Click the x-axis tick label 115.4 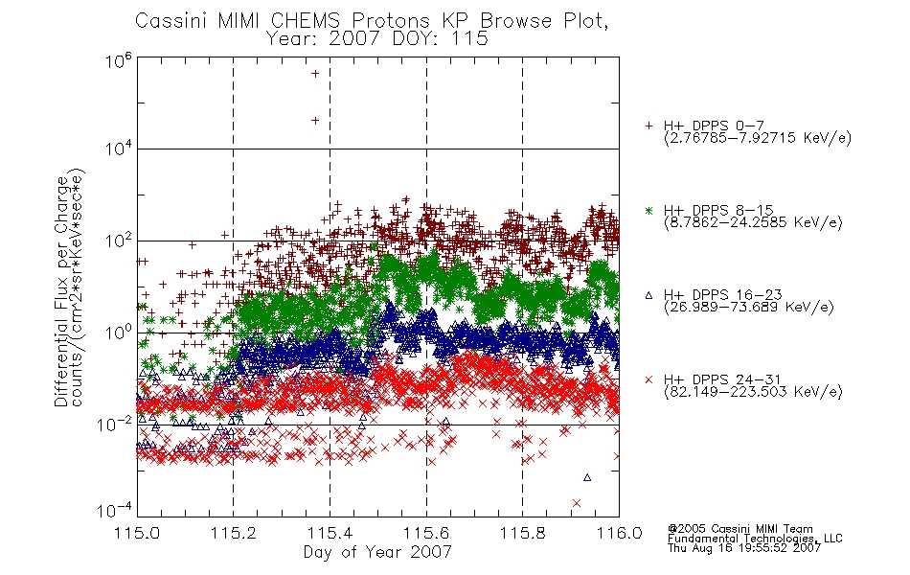330,533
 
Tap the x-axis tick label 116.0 619,533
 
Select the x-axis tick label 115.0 137,533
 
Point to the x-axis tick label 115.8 522,533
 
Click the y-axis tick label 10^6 119,60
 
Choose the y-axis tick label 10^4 119,149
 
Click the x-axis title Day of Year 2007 377,552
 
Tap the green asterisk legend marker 648,211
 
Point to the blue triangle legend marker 648,295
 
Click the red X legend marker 648,379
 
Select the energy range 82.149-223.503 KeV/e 753,392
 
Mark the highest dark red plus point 315,74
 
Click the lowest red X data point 577,503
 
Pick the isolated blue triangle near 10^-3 587,477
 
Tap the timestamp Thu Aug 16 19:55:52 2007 744,548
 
